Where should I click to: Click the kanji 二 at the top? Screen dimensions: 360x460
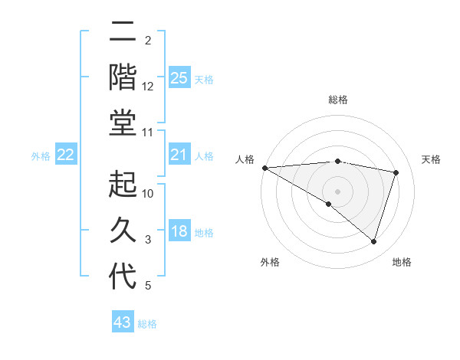[123, 33]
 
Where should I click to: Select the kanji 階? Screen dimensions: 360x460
[123, 77]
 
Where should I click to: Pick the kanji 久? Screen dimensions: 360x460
[123, 231]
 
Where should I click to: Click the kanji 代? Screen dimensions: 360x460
[123, 277]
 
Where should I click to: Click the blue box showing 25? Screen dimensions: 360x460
[179, 77]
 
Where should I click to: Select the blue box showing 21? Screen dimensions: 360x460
[179, 155]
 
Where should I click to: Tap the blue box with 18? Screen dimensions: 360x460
[179, 231]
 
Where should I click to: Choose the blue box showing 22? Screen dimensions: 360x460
[66, 155]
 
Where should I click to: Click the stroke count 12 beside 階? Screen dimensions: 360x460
[148, 87]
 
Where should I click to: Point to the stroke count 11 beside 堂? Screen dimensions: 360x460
[148, 133]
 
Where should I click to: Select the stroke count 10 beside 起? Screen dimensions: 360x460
[148, 194]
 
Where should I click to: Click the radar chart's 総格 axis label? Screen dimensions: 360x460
[337, 100]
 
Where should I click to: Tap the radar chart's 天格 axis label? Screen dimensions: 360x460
[431, 159]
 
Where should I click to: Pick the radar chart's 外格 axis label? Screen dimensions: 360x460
[270, 262]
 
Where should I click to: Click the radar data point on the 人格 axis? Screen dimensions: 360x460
[264, 168]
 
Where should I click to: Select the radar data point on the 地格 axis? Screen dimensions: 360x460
[373, 242]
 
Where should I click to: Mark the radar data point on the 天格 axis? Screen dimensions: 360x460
[396, 172]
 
